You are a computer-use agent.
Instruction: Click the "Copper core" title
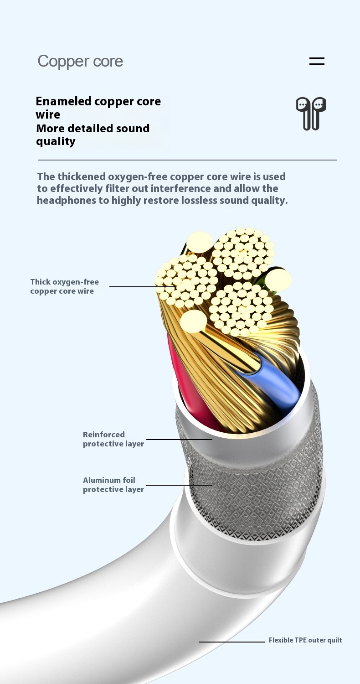[x=80, y=62]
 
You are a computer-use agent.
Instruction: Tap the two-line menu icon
[x=317, y=61]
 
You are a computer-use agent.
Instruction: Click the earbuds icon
[x=311, y=113]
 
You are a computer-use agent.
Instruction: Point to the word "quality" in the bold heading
[x=56, y=141]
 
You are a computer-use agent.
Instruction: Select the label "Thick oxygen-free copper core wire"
[x=64, y=286]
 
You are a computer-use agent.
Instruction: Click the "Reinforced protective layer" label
[x=113, y=439]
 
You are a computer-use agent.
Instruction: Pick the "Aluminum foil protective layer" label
[x=113, y=485]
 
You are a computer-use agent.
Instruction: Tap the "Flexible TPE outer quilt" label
[x=305, y=640]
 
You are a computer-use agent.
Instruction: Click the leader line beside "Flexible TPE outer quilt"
[x=231, y=642]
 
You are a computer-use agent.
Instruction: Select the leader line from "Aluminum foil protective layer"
[x=179, y=485]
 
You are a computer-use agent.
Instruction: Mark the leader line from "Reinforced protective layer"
[x=179, y=440]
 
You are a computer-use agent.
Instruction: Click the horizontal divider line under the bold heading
[x=187, y=160]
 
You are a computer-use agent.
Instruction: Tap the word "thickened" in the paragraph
[x=82, y=176]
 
